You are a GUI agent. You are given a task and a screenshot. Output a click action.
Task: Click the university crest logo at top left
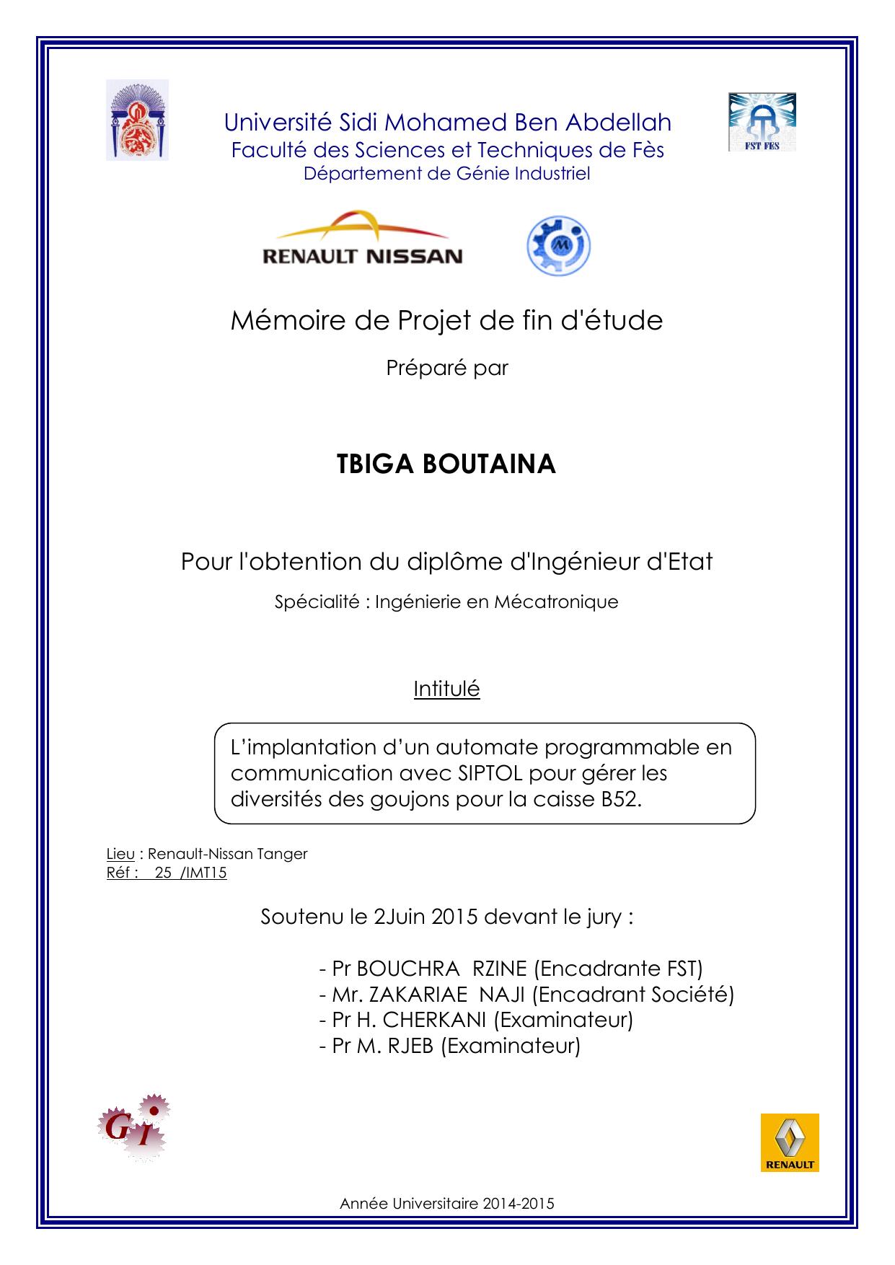[x=137, y=120]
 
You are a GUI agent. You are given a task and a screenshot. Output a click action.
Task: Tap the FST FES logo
[x=762, y=122]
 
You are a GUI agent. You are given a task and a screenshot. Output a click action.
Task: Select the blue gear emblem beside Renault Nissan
[x=558, y=247]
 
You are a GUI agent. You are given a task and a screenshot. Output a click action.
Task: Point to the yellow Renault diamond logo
[x=790, y=1142]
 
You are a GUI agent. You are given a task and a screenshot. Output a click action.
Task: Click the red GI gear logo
[x=135, y=1129]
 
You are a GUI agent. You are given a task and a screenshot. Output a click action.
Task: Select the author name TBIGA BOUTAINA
[x=446, y=464]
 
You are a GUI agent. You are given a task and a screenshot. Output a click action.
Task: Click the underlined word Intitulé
[x=446, y=689]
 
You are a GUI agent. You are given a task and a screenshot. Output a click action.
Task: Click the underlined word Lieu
[x=120, y=854]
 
